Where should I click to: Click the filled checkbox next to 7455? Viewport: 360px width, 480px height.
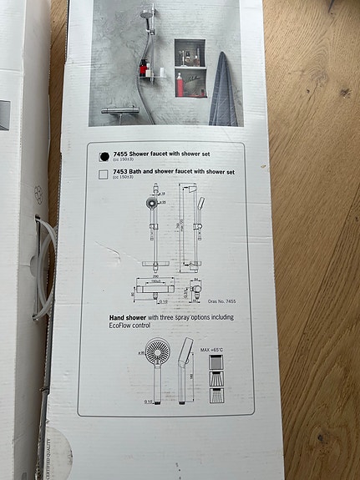point(104,155)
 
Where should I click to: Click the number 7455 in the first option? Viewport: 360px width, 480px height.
point(120,154)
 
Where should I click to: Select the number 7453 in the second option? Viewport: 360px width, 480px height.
point(120,172)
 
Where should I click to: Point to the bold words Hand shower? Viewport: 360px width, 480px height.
point(128,319)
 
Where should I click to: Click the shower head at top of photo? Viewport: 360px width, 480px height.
point(147,13)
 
